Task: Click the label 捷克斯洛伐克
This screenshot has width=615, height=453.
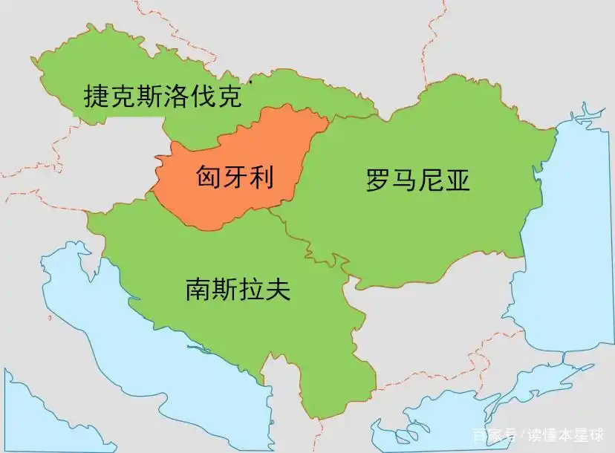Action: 162,97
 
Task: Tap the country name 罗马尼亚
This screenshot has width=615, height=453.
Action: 418,180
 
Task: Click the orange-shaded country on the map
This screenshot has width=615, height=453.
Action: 223,201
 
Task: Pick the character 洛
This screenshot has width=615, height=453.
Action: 175,97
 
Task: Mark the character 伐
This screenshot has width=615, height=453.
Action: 202,97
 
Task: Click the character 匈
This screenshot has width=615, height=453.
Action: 208,177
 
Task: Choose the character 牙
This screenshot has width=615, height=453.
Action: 234,177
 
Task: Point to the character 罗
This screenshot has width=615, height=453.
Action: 378,180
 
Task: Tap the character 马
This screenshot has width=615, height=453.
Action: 405,180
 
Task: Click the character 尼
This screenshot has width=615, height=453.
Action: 432,180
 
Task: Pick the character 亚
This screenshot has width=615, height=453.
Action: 458,180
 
